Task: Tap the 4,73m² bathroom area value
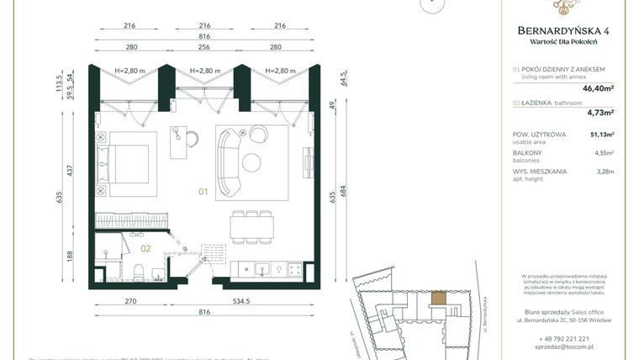[599, 112]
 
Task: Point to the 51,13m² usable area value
[602, 134]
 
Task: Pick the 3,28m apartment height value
[605, 172]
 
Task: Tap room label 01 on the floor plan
[203, 192]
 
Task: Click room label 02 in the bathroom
[145, 248]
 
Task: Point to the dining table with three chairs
[251, 225]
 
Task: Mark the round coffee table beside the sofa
[252, 162]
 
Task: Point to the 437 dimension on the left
[71, 170]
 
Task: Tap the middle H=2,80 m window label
[205, 71]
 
